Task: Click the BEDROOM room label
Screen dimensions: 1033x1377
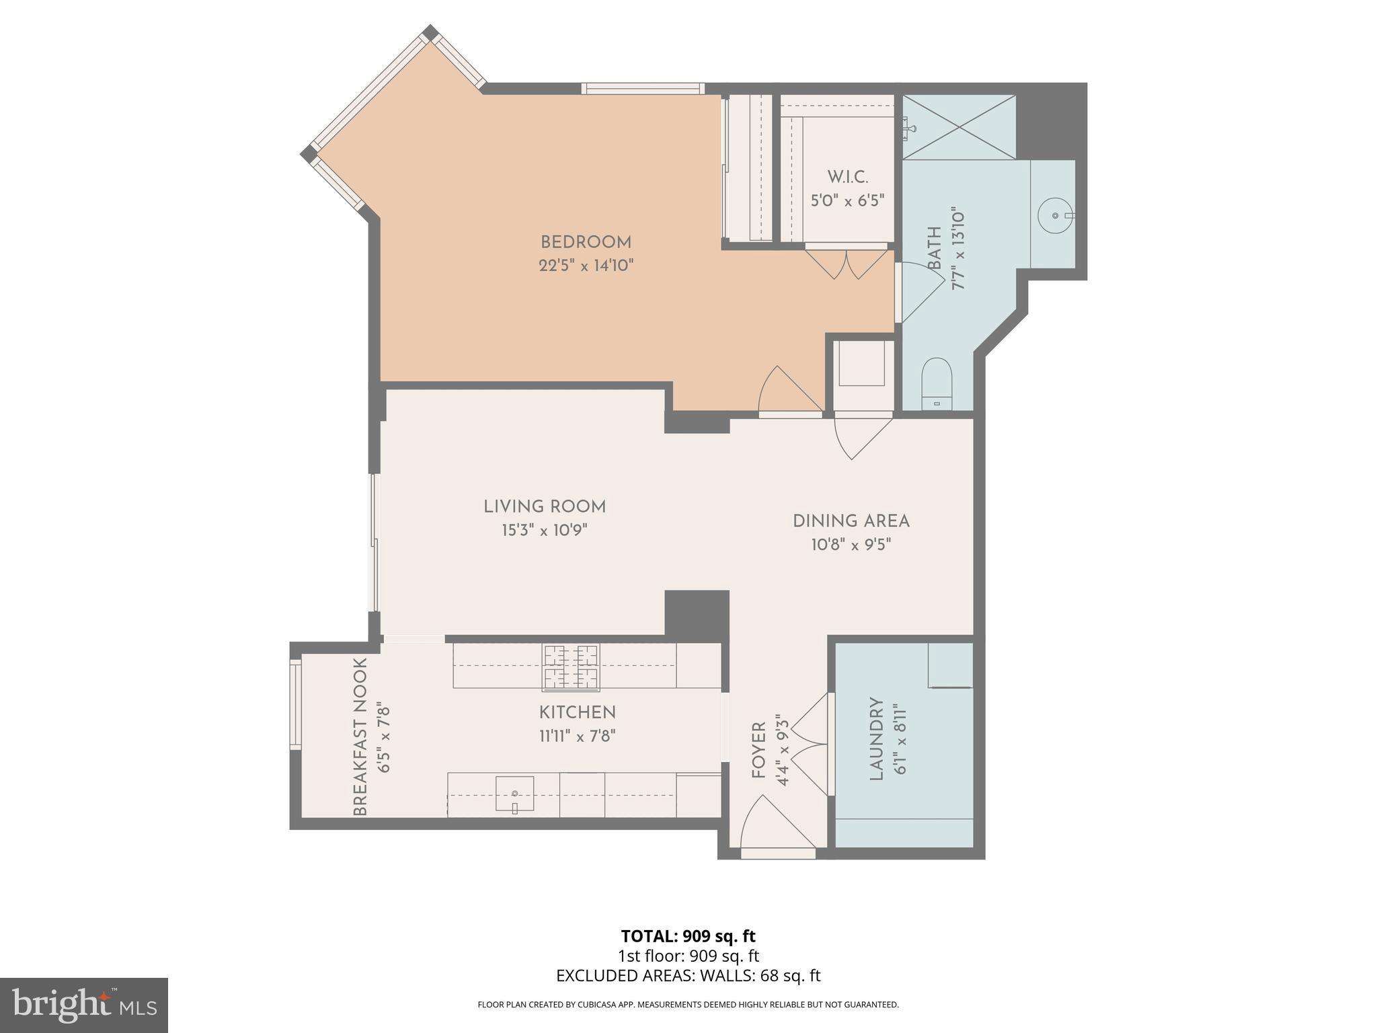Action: click(586, 242)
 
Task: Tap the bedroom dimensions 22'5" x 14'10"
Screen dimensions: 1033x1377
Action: click(586, 266)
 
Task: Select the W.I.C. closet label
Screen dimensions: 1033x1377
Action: click(847, 178)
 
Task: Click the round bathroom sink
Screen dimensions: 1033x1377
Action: click(1055, 215)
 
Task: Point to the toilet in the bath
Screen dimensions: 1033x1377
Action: click(937, 383)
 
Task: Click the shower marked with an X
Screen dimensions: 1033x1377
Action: click(959, 127)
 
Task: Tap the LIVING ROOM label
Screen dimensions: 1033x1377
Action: click(545, 507)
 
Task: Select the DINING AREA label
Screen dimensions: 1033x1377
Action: click(851, 521)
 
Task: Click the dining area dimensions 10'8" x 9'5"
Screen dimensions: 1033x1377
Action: click(851, 544)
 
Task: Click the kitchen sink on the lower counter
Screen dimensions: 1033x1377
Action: click(514, 794)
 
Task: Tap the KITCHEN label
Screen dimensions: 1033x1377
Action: click(577, 712)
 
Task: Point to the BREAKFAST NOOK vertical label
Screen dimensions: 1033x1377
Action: click(360, 736)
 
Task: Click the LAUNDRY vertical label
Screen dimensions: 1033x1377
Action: click(876, 738)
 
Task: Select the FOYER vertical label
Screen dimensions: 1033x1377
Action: click(759, 751)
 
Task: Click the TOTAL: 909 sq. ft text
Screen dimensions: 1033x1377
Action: click(688, 936)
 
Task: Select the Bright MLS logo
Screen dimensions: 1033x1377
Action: click(83, 1005)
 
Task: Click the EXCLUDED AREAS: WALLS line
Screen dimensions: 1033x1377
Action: click(688, 976)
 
